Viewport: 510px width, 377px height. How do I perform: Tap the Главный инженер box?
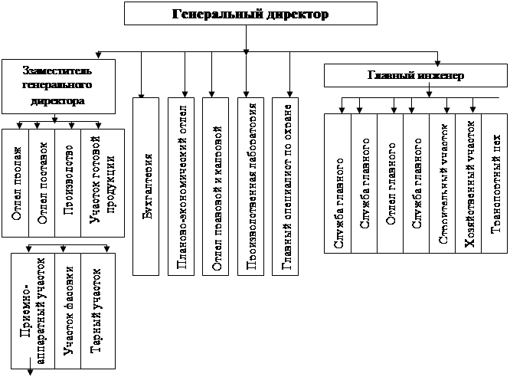(415, 76)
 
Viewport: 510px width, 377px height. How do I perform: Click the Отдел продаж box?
(15, 182)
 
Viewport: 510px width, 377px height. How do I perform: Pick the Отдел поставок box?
(41, 182)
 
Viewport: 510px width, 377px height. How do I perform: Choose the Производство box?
(68, 182)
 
